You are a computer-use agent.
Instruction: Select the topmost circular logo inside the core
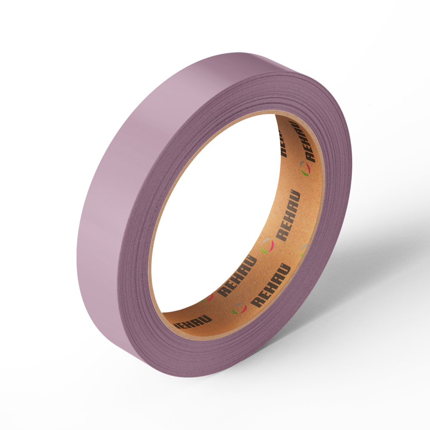point(305,169)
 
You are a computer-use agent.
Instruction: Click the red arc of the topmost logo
point(308,168)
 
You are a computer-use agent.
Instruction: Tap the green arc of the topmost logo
point(304,172)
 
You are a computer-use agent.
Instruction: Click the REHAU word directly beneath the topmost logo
point(288,215)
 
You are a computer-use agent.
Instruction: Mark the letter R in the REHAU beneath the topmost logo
point(281,235)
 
